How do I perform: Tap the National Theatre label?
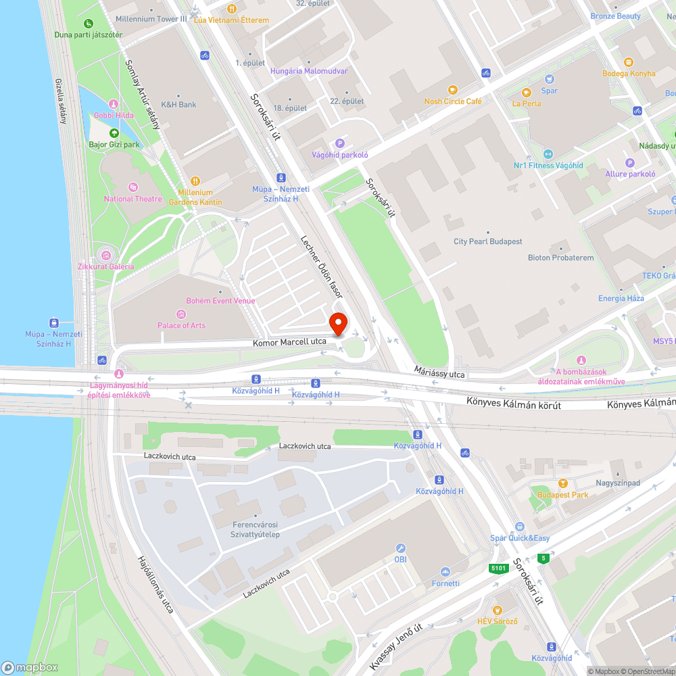(133, 199)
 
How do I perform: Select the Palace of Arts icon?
(180, 314)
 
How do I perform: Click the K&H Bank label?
(178, 105)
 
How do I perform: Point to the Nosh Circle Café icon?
(452, 89)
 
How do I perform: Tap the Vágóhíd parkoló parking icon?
(340, 143)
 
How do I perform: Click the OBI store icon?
(400, 548)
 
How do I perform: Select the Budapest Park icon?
(562, 483)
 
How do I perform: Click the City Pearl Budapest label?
(487, 241)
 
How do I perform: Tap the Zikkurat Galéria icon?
(105, 255)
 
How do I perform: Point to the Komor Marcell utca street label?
(289, 342)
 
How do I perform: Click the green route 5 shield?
(543, 558)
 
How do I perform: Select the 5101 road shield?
(499, 569)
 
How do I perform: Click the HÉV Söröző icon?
(498, 610)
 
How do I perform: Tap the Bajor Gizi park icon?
(114, 133)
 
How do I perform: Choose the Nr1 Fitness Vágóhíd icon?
(548, 154)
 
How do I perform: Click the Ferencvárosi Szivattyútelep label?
(254, 529)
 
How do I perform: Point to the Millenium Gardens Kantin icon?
(195, 180)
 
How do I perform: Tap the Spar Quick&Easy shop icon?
(519, 527)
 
